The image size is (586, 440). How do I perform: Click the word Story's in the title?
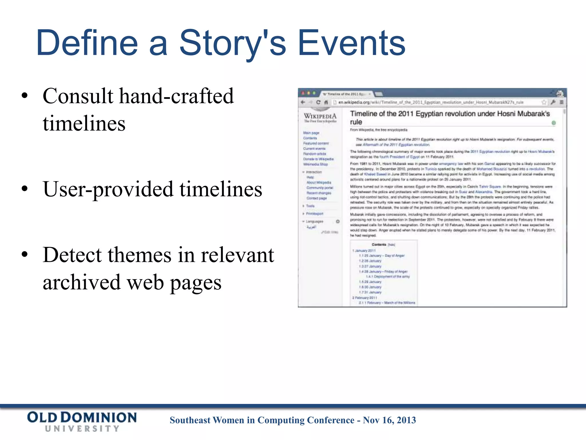[232, 43]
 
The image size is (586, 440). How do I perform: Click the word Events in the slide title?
[351, 43]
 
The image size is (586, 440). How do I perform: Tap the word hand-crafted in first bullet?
[176, 96]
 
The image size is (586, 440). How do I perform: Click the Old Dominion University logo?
[82, 421]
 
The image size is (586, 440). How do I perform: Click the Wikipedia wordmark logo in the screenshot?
[320, 116]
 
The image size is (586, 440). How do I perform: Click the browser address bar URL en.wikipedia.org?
[354, 102]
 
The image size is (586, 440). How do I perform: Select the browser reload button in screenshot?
[318, 102]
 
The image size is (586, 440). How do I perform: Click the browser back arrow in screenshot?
[303, 102]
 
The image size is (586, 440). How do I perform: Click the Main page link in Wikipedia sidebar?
[311, 133]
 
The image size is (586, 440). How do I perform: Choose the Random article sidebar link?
[314, 154]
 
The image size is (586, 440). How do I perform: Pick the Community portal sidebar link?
[320, 188]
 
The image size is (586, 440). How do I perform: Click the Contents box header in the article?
[379, 245]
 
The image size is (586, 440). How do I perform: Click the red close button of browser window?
[304, 93]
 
